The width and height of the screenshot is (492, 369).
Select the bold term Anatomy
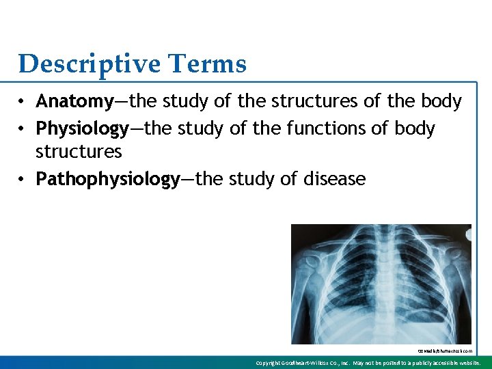pyautogui.click(x=74, y=102)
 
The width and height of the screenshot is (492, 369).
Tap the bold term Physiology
pyautogui.click(x=82, y=128)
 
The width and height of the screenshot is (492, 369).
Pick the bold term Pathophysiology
pyautogui.click(x=107, y=180)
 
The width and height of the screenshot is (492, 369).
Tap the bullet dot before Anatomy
pyautogui.click(x=23, y=102)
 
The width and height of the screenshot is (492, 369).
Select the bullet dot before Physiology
pyautogui.click(x=23, y=129)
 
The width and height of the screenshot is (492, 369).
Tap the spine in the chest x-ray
pyautogui.click(x=381, y=287)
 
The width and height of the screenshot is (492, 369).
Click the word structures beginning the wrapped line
pyautogui.click(x=79, y=151)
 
